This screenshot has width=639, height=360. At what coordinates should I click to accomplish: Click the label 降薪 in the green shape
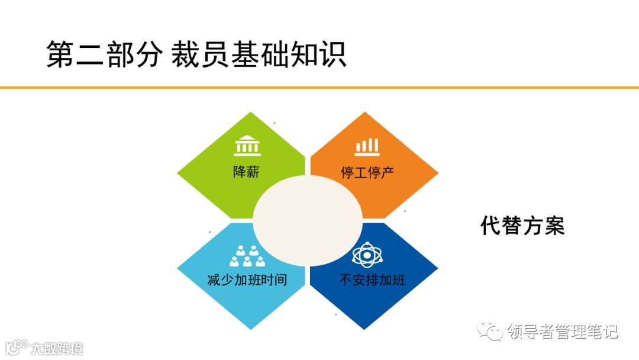[x=246, y=172]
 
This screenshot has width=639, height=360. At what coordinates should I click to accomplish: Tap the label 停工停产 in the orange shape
[x=367, y=173]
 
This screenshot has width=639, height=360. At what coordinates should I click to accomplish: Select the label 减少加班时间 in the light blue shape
[x=247, y=279]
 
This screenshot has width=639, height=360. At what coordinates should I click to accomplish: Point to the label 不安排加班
[x=372, y=279]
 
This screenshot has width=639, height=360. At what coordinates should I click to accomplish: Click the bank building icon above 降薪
[x=247, y=146]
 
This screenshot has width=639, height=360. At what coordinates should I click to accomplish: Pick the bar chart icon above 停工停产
[x=367, y=146]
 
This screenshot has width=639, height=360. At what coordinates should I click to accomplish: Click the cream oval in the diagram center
[x=308, y=220]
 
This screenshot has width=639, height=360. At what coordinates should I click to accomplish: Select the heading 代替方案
[x=522, y=226]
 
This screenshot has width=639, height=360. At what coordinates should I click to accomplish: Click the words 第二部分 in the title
[x=104, y=56]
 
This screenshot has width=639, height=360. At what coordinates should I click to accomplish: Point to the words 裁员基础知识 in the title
[x=259, y=56]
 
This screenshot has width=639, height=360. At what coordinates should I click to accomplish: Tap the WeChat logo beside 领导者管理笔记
[x=490, y=330]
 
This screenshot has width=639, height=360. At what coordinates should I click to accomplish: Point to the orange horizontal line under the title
[x=319, y=88]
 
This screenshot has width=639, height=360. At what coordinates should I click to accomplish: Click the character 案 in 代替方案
[x=555, y=226]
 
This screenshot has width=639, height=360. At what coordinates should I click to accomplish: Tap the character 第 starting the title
[x=60, y=56]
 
